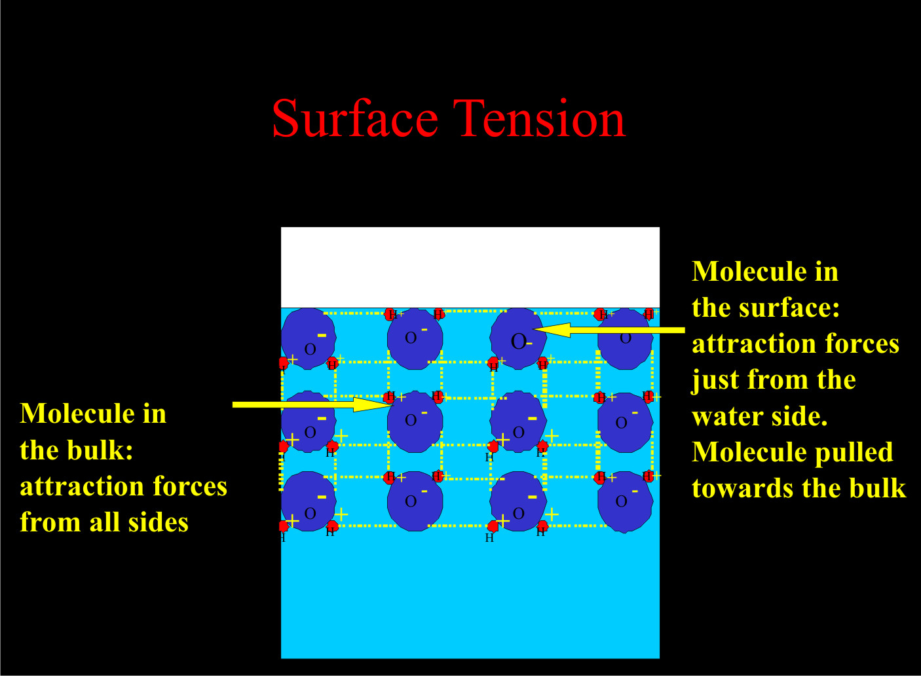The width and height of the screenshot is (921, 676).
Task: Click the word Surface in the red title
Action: [354, 119]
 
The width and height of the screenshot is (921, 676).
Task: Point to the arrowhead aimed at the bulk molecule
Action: [373, 404]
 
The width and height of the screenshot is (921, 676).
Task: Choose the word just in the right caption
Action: [715, 380]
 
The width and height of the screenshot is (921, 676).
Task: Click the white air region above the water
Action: [470, 267]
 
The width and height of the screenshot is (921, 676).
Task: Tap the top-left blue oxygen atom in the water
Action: [308, 339]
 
